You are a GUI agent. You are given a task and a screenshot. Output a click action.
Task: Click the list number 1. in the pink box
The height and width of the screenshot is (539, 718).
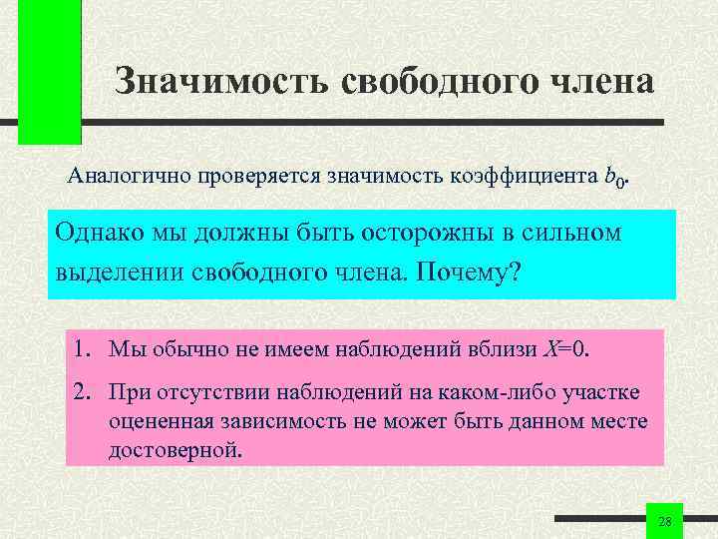point(83,349)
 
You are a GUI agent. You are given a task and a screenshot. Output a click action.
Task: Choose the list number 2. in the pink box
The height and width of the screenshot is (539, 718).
point(83,392)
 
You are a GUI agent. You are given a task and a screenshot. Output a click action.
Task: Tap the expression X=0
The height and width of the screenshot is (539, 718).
point(566,349)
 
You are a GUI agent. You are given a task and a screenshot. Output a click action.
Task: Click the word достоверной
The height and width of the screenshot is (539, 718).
point(174,449)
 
